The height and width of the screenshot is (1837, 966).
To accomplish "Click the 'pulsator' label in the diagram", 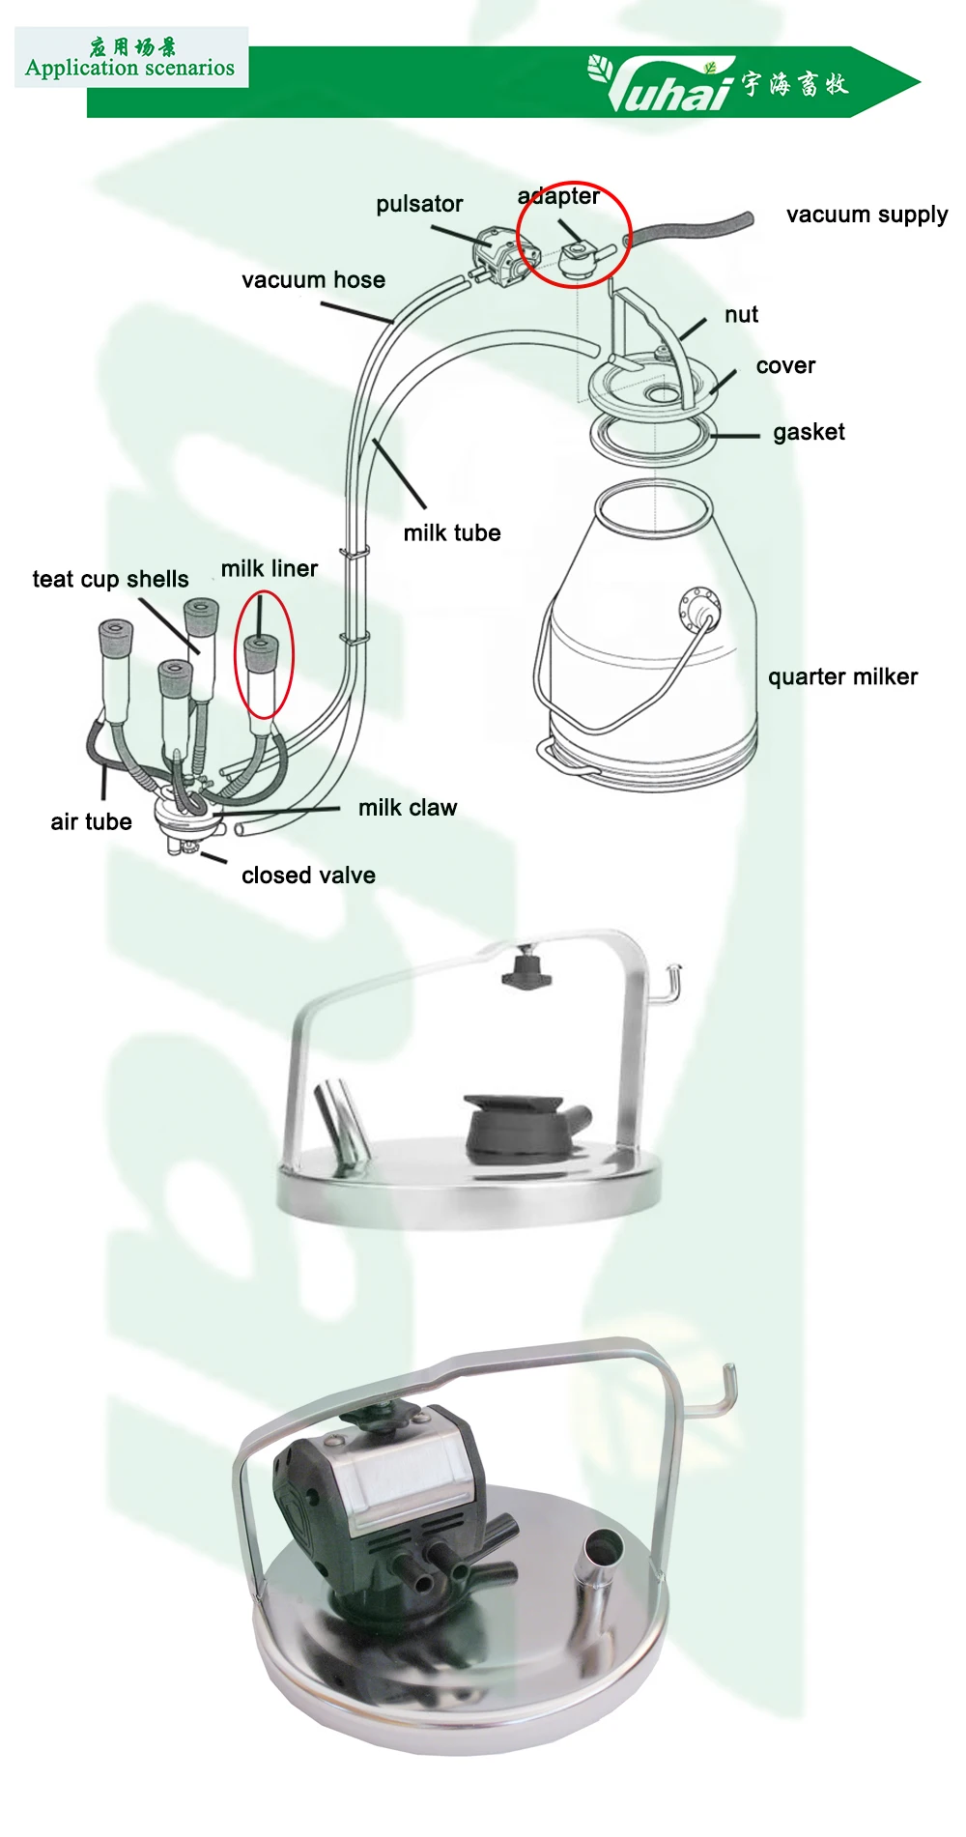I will coord(419,204).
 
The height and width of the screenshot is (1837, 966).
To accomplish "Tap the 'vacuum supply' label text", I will coord(867,215).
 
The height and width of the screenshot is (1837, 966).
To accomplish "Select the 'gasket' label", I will coord(809,432).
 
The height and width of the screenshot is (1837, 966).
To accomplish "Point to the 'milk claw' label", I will coord(408,808).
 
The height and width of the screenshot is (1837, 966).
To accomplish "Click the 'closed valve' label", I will coord(308,875).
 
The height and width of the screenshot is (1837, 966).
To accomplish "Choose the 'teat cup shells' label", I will coord(110,579).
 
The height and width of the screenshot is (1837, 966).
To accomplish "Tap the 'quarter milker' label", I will coord(842,676).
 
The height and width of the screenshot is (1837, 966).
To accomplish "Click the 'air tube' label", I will coord(91,821).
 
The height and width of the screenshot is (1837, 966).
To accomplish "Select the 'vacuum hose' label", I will coord(313,280).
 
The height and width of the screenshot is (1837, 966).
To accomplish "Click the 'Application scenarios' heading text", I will coord(130,68).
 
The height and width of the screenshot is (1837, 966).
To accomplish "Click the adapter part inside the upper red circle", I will coord(580,258).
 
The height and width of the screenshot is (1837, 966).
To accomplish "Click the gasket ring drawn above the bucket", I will coord(653,441).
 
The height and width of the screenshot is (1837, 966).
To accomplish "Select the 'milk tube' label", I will coord(452,533).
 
